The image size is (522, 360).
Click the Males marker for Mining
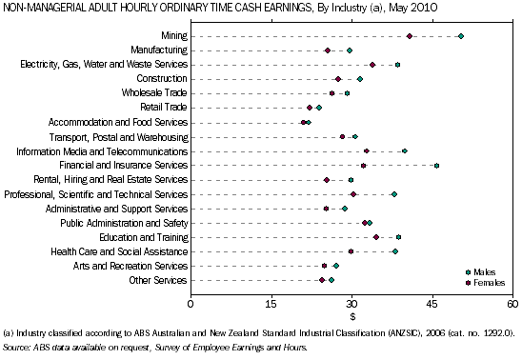coord(461,36)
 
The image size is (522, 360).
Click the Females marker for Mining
coord(410,36)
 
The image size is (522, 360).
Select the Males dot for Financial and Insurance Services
coord(436,166)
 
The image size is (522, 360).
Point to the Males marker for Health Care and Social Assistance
coord(395,251)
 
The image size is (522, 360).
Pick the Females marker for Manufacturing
coord(328,50)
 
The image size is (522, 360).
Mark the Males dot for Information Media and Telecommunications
coord(405,151)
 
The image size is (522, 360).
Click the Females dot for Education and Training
coord(376,237)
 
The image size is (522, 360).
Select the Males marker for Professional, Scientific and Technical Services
coord(394,194)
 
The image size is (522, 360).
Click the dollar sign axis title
coord(351,315)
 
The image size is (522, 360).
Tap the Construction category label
coord(162,79)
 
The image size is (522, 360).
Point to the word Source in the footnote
coord(17,349)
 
